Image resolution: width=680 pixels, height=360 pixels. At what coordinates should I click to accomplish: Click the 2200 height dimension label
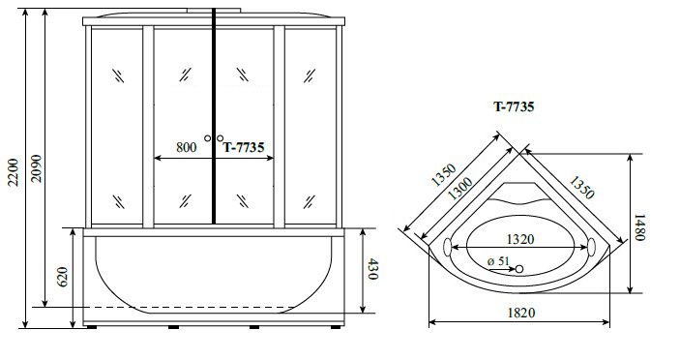(14, 172)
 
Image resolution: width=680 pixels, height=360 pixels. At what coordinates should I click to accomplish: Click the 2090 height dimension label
(37, 168)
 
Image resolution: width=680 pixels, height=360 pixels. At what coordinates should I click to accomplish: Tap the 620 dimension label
(63, 277)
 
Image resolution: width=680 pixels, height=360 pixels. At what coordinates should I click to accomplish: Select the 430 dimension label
(372, 269)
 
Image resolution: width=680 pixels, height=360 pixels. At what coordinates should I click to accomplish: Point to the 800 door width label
(186, 147)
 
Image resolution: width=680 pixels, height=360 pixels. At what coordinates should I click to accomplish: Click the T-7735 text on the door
(244, 147)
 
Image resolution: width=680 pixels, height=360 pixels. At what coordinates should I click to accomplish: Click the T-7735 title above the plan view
(514, 106)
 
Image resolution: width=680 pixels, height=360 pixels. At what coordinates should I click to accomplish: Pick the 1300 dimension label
(460, 189)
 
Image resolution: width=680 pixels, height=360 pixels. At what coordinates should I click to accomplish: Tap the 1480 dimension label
(640, 227)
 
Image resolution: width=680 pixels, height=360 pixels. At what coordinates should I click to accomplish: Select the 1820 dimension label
(521, 313)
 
